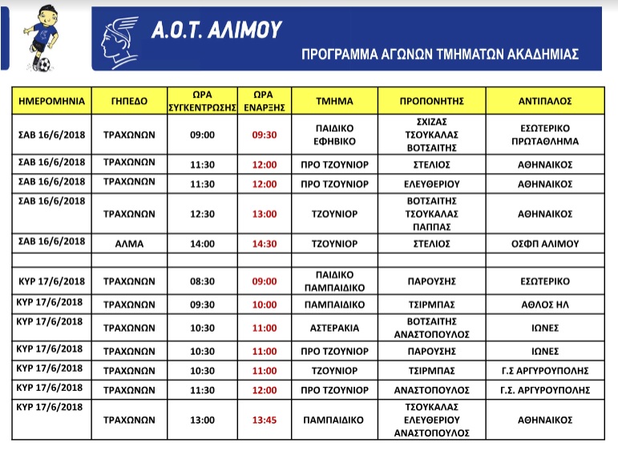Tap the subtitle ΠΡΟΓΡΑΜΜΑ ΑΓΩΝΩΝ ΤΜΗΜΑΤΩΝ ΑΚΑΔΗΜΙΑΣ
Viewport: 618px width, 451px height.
[x=440, y=55]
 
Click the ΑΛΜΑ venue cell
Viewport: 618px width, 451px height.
[x=129, y=242]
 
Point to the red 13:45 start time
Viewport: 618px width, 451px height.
[x=264, y=419]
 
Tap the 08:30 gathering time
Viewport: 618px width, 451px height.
[x=202, y=281]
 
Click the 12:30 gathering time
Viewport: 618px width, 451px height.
[x=202, y=214]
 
